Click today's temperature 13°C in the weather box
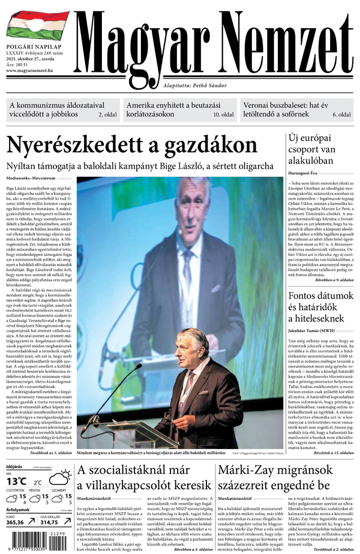[17, 481]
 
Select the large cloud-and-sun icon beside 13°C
[59, 478]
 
